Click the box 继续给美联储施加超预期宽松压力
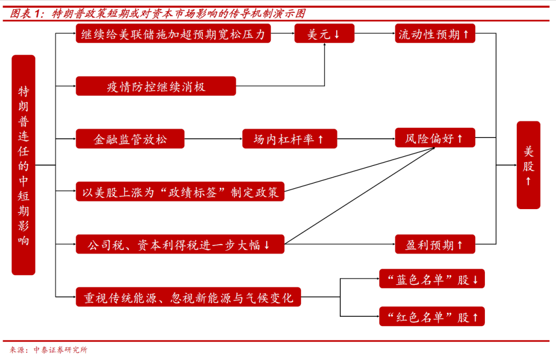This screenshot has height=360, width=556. tap(173, 34)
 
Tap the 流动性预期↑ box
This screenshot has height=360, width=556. tap(435, 34)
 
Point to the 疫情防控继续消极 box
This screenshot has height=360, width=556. tap(155, 86)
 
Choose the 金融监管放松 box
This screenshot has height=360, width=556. tap(130, 139)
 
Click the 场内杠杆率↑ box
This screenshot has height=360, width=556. tap(289, 139)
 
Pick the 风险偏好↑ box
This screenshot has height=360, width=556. tap(435, 138)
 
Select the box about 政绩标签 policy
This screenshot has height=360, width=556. tap(180, 192)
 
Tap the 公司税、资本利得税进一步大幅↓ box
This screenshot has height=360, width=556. tap(180, 244)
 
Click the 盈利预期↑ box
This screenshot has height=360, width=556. tap(435, 244)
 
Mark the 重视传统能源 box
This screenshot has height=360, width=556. tap(188, 297)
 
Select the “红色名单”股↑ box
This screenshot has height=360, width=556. tap(431, 316)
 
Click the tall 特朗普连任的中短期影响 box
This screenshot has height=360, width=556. tap(24, 165)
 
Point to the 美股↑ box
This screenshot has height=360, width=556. tap(528, 165)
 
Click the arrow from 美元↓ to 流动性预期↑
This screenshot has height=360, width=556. tap(374, 34)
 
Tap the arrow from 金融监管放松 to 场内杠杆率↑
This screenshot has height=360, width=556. tap(213, 139)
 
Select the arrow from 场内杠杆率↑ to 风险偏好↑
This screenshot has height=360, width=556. tap(366, 139)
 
